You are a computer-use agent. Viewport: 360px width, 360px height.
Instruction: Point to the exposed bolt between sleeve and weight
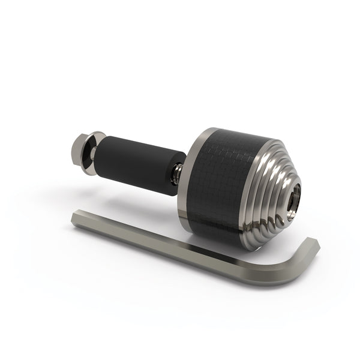coord(176,175)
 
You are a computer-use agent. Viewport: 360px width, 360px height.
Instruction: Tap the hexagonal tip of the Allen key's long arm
coord(74,218)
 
